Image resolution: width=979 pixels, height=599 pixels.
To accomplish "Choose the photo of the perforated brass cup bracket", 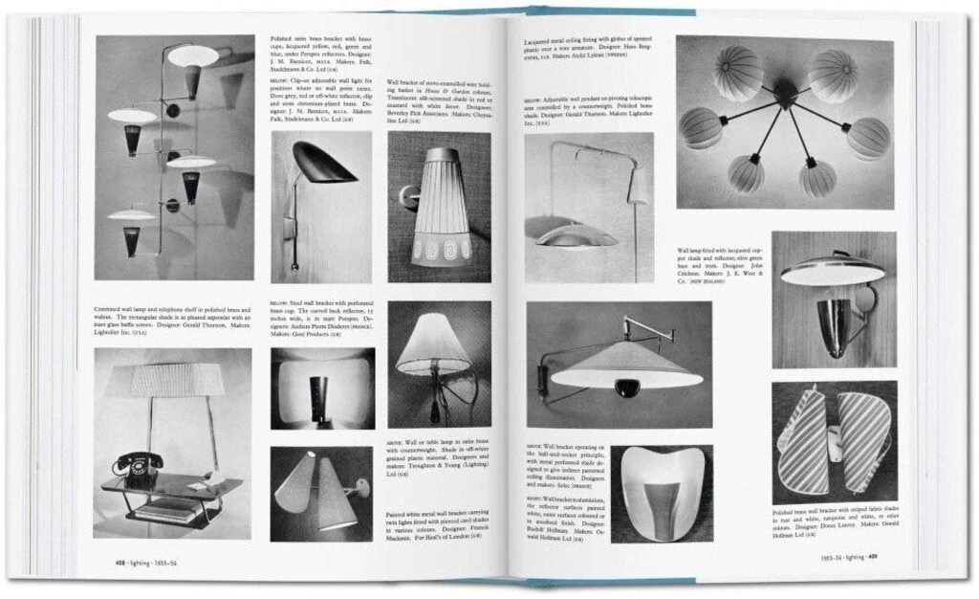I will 322,388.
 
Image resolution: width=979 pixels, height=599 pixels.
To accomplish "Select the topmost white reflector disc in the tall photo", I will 193,55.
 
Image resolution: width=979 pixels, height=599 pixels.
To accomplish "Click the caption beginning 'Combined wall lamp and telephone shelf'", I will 173,322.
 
